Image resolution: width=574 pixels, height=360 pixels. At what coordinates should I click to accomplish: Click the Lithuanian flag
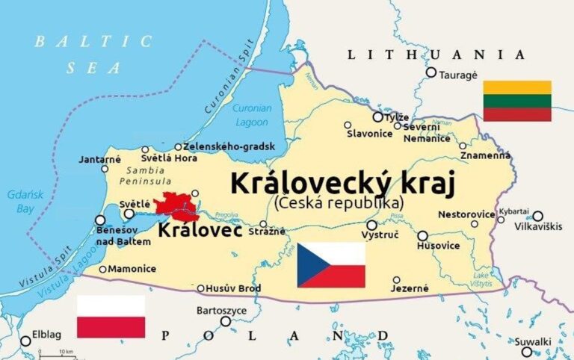pyautogui.click(x=517, y=101)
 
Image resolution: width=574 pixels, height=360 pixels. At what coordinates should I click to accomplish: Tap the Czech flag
pyautogui.click(x=331, y=265)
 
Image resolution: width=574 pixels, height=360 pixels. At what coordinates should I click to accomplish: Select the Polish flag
pyautogui.click(x=111, y=317)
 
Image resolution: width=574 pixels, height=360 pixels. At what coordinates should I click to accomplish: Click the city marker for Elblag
pyautogui.click(x=26, y=341)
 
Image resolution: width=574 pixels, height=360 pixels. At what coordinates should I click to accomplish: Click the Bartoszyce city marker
pyautogui.click(x=226, y=321)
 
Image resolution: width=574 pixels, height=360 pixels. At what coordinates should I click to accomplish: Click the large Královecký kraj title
pyautogui.click(x=343, y=183)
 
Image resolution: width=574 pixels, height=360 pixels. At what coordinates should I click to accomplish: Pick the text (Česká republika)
pyautogui.click(x=339, y=202)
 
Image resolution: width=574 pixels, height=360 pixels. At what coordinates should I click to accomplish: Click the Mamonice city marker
pyautogui.click(x=102, y=269)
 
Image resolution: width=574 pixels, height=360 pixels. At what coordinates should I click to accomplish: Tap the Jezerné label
pyautogui.click(x=411, y=288)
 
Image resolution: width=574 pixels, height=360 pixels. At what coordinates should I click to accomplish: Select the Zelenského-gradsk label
pyautogui.click(x=229, y=146)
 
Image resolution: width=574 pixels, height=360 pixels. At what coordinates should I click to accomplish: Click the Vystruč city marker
pyautogui.click(x=371, y=225)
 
